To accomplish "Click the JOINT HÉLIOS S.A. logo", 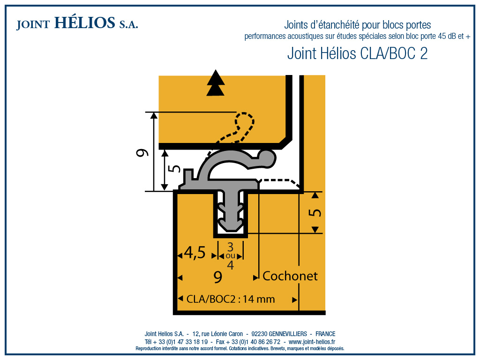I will pos(77,23).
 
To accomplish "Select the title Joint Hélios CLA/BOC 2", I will pos(357,54).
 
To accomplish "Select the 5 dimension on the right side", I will pos(316,212).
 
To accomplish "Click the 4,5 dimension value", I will pos(195,253).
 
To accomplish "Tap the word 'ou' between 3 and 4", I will pos(230,256).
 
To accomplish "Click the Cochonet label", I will pos(290,276).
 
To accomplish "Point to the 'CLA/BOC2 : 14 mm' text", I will pos(231,299).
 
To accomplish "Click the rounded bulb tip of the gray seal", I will pos(266,157).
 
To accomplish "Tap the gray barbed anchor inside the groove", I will pos(230,213).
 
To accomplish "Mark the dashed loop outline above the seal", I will pos(244,123).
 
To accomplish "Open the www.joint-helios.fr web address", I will pos(312,342).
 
